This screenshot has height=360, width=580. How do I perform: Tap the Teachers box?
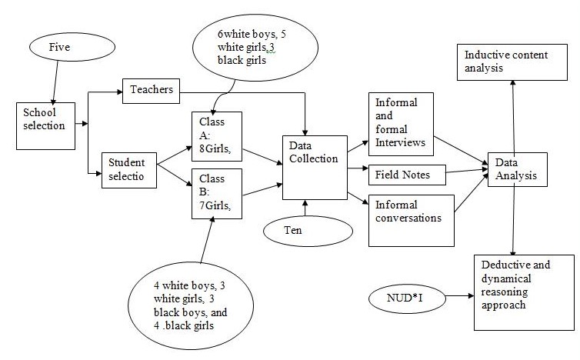click(x=150, y=92)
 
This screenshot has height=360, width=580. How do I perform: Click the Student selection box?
click(x=128, y=168)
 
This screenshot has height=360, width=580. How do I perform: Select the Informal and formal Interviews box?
click(x=401, y=124)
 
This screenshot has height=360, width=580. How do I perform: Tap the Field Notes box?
click(x=408, y=174)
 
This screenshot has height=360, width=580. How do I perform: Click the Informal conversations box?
click(x=408, y=219)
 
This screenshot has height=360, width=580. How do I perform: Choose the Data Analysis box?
click(x=516, y=169)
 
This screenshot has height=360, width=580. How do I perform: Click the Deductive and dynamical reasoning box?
click(x=512, y=288)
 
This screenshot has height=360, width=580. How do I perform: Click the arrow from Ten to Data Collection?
click(x=306, y=208)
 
